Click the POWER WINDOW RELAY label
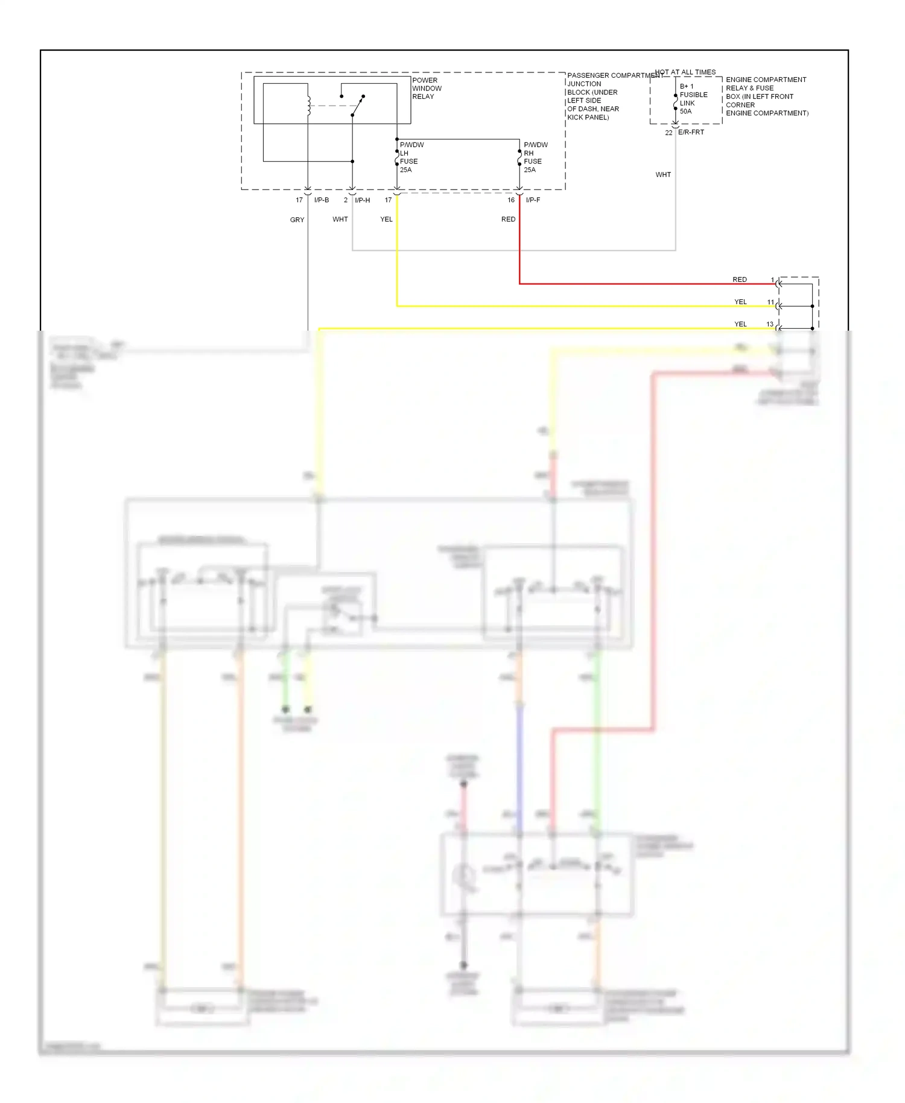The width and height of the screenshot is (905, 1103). [x=427, y=88]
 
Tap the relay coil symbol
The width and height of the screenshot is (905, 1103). [x=309, y=106]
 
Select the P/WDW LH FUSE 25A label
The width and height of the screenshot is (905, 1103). [x=411, y=157]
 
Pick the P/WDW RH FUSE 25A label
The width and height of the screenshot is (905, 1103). [x=535, y=157]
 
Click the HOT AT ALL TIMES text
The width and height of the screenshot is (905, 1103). [x=685, y=72]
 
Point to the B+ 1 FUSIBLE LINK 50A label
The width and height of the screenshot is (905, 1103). [x=693, y=99]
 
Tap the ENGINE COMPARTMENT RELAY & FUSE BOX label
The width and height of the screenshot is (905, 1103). [x=766, y=97]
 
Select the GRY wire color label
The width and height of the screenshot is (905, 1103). [x=297, y=220]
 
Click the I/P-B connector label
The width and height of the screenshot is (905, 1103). [x=322, y=200]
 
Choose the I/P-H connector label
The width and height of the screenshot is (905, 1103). [x=363, y=200]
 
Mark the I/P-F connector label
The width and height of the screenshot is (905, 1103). [x=533, y=200]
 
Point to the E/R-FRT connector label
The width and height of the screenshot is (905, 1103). [x=691, y=132]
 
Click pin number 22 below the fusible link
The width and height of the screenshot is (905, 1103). [x=668, y=133]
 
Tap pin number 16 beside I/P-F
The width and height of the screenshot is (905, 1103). [x=511, y=200]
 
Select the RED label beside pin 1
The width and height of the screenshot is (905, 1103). [x=740, y=280]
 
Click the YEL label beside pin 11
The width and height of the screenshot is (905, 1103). [x=740, y=302]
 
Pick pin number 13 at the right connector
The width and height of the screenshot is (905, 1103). [x=770, y=325]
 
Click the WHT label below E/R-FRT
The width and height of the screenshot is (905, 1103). [x=663, y=175]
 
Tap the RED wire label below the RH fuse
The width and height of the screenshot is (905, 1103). [x=508, y=220]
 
